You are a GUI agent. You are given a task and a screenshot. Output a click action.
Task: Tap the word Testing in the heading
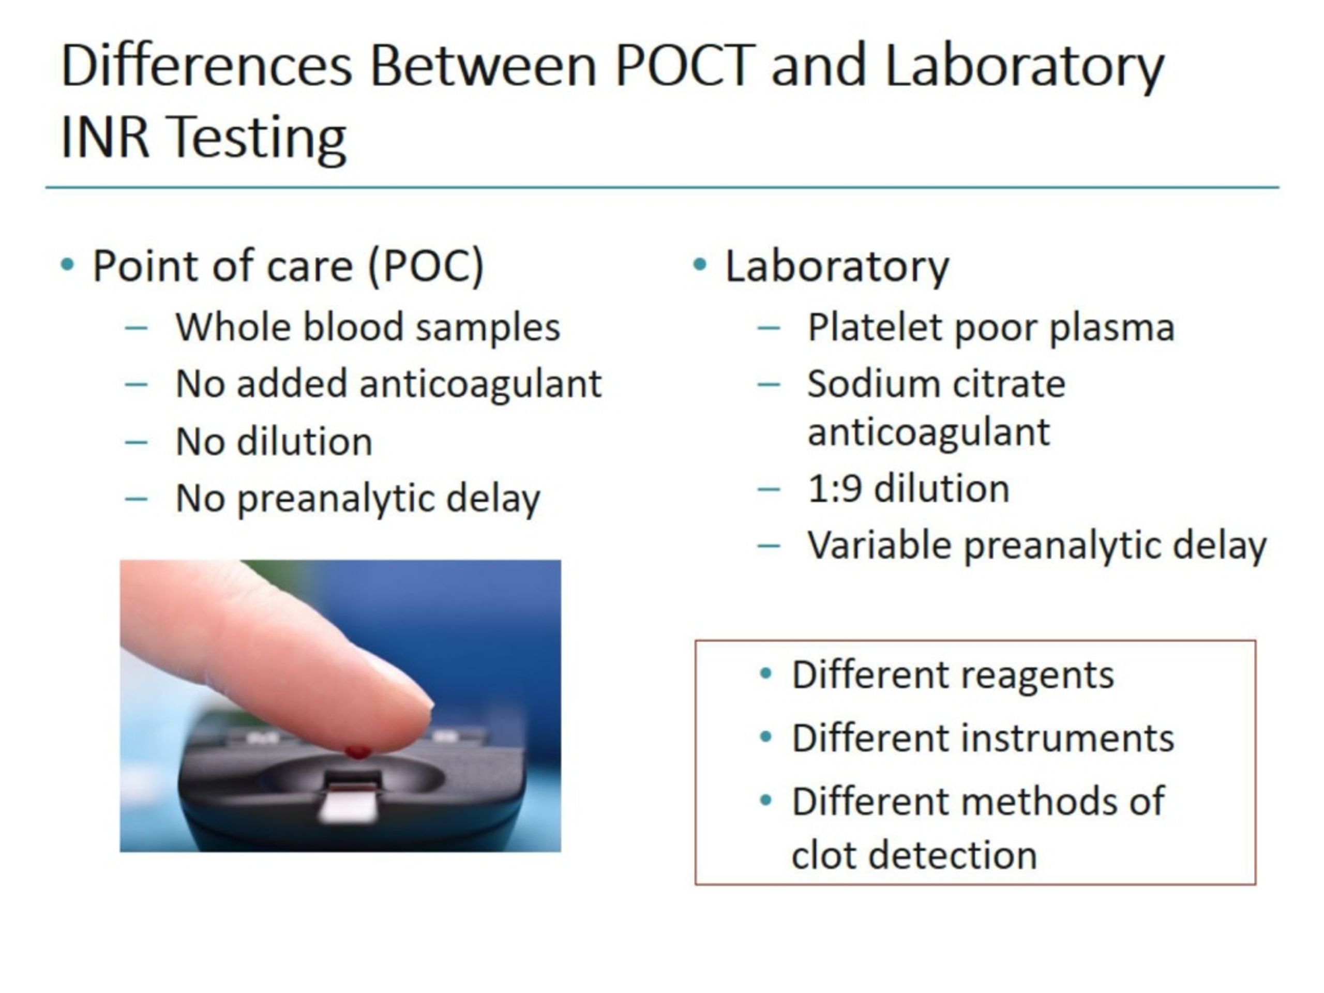tap(258, 138)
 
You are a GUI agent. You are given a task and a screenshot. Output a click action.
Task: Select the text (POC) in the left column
tap(426, 266)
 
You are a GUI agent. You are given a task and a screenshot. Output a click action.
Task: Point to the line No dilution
tap(274, 442)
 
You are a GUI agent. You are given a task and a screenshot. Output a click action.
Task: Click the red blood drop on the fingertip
tap(357, 751)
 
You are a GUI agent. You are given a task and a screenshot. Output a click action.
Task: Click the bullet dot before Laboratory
tap(699, 265)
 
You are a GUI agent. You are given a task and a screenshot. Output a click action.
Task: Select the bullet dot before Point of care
tap(68, 265)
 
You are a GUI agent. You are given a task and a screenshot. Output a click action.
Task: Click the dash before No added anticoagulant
tap(137, 385)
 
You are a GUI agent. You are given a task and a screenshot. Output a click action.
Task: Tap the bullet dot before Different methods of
tap(765, 800)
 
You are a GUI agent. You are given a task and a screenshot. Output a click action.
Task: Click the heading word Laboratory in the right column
tap(836, 266)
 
